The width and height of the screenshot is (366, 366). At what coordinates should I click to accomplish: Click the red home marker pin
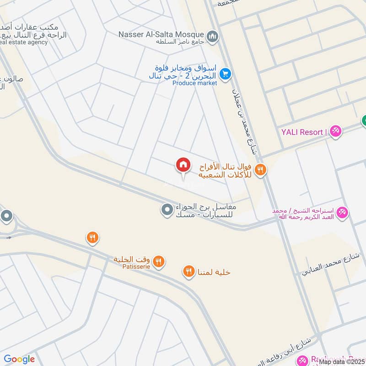coord(183,165)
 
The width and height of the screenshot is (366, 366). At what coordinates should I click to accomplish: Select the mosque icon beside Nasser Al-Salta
coord(212,36)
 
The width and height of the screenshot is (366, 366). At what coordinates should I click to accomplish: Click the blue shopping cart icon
coord(225,73)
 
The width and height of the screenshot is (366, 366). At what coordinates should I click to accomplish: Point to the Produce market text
coord(194,83)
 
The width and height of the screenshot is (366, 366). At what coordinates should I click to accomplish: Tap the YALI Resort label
coord(302,132)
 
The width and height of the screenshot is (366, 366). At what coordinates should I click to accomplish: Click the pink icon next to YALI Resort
coord(336,131)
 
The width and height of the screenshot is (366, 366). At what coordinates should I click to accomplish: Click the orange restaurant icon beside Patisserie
coord(159,261)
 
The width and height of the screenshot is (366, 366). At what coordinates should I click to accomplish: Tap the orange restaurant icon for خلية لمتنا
coord(188,272)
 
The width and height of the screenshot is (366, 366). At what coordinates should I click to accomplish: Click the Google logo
coord(19,359)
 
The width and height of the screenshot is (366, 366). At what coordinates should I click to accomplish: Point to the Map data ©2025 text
coord(342,361)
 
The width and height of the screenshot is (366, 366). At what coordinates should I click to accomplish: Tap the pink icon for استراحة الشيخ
coord(343,213)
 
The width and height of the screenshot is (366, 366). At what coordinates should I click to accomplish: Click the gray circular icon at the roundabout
coord(6,216)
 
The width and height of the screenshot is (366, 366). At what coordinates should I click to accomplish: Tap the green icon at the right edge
coord(364,121)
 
